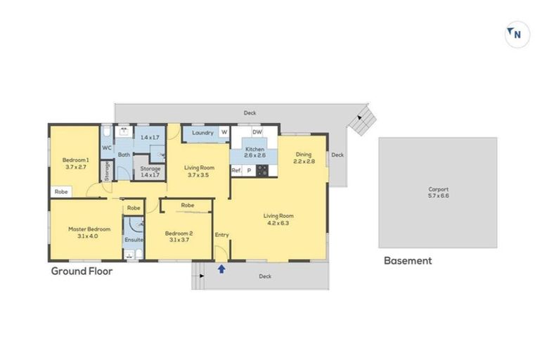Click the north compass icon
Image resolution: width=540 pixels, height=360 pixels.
click(x=517, y=34)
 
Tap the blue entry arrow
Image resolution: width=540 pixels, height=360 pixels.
click(x=222, y=268)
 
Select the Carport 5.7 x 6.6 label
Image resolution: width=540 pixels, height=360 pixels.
click(x=438, y=192)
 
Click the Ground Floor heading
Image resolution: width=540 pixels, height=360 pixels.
click(x=82, y=271)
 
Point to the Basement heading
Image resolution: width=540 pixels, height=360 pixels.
click(x=407, y=261)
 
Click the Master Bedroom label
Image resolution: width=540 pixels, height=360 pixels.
click(x=89, y=232)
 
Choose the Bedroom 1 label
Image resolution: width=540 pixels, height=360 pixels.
click(x=75, y=164)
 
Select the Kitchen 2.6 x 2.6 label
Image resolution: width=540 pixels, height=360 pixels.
click(x=255, y=152)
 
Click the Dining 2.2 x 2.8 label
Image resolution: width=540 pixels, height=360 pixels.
click(x=303, y=157)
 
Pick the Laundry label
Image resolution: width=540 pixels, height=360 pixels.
click(x=202, y=132)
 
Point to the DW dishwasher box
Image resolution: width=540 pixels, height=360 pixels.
click(x=257, y=132)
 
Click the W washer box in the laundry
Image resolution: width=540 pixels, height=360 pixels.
click(x=224, y=132)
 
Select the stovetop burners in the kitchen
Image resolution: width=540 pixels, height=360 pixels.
click(x=263, y=170)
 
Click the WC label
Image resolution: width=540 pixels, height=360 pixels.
click(x=107, y=148)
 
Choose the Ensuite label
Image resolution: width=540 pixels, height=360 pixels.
click(x=134, y=240)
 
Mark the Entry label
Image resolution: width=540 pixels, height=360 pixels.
click(x=221, y=235)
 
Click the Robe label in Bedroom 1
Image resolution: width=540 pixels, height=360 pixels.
click(x=61, y=191)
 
